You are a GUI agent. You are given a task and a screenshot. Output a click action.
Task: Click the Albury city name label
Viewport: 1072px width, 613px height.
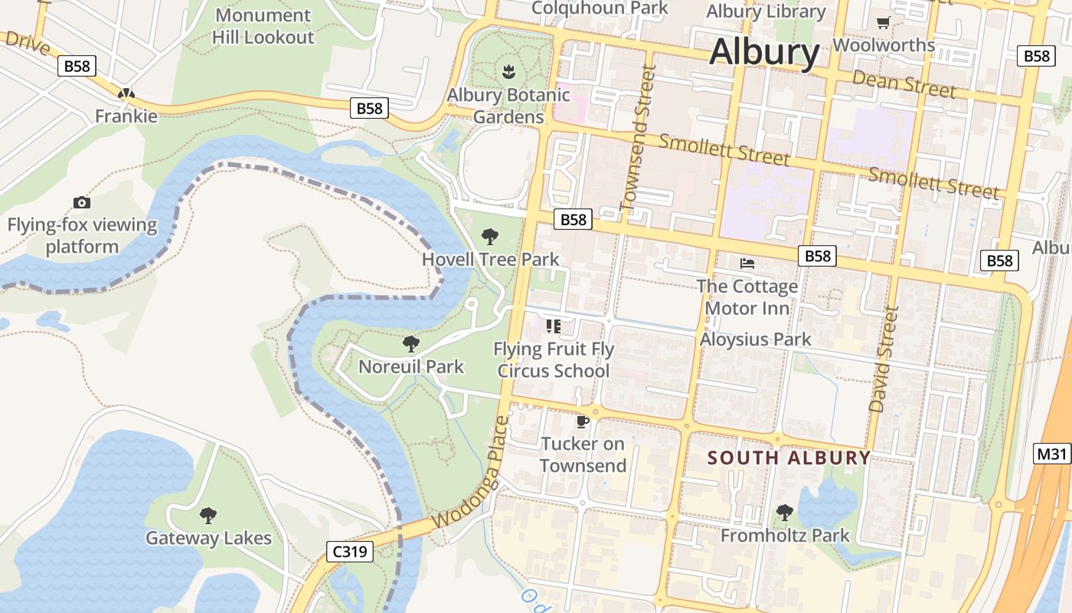764,53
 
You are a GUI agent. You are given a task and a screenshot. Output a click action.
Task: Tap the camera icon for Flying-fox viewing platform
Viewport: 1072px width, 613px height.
82,202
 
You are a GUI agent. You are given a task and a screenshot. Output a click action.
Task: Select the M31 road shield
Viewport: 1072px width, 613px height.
1051,454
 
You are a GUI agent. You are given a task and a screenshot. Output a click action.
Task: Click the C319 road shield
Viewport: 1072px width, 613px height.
349,551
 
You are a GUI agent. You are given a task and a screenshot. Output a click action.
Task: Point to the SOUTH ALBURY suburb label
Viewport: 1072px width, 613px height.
789,458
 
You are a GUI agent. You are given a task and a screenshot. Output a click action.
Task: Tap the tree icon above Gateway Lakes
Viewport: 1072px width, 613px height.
208,515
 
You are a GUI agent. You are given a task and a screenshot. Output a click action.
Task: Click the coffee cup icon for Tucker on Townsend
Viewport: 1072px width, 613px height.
582,421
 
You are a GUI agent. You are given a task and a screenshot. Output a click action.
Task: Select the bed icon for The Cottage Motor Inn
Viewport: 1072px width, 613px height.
747,264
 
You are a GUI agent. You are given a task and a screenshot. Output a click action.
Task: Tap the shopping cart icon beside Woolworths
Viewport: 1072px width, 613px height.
883,23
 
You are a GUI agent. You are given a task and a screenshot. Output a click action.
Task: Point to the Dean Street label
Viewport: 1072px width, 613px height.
904,83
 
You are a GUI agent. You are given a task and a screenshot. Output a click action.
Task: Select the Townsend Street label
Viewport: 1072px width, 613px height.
638,138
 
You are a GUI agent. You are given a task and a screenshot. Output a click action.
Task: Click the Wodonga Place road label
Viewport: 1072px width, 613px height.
469,473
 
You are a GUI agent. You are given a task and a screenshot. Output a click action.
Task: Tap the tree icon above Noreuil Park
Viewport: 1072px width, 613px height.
411,343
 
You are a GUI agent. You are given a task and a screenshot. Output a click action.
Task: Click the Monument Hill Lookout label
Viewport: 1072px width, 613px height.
263,26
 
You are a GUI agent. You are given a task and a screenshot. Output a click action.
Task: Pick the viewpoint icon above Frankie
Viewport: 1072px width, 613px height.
126,94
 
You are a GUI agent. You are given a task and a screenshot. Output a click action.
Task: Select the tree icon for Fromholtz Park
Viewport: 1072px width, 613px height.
784,512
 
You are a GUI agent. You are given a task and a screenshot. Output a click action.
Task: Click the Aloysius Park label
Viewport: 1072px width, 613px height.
755,339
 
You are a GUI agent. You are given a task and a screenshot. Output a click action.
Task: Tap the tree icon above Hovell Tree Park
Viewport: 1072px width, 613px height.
490,237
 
